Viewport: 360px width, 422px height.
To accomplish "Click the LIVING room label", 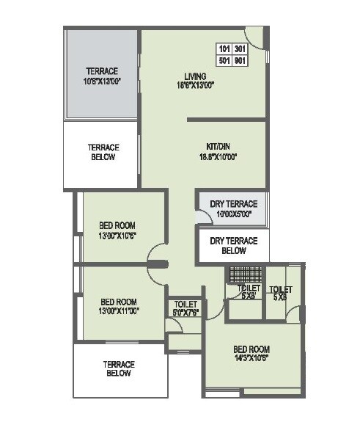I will coord(194,76).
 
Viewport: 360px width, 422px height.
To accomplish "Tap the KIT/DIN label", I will coord(218,147).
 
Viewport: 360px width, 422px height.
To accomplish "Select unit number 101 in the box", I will coord(224,50).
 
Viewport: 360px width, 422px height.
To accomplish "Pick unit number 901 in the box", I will coord(239,60).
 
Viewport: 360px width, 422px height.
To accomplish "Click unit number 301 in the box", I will coord(239,50).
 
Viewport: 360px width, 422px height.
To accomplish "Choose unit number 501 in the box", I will coord(224,60).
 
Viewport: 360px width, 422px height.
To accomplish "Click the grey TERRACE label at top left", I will coord(101,71).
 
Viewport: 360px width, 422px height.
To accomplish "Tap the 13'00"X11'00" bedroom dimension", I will coord(120,310).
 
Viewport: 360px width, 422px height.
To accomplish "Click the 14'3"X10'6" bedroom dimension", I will coord(251,358).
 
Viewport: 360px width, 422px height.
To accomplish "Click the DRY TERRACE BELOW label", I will coord(233,246).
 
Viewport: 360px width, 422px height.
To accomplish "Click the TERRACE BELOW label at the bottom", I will coord(118,368).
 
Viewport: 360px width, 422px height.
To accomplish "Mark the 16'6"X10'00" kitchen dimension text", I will coord(218,156).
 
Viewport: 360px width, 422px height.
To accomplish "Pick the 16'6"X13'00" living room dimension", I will coord(194,85).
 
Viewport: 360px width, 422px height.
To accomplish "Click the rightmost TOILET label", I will coord(280,289).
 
